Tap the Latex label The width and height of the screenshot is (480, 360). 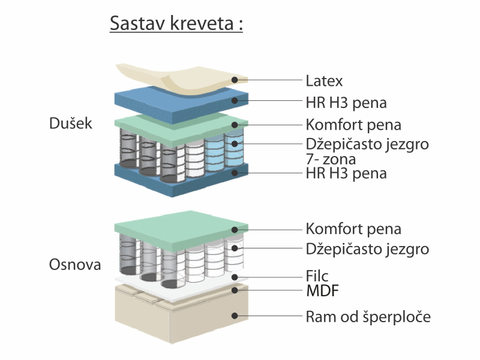click(324, 81)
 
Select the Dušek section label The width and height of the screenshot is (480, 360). click(71, 123)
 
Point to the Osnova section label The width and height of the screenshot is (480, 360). click(75, 265)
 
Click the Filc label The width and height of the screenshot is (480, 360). click(317, 276)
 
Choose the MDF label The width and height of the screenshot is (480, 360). click(322, 291)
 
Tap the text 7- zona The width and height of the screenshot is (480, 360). click(331, 159)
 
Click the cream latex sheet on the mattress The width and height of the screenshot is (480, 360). click(181, 79)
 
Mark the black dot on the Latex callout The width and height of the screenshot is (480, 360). click(235, 80)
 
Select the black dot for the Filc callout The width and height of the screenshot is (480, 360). click(235, 277)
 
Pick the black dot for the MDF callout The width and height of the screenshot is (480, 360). click(235, 290)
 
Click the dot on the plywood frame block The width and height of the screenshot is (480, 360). click(235, 316)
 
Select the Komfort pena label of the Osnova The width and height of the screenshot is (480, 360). click(353, 229)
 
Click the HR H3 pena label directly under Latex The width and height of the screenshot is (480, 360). click(346, 103)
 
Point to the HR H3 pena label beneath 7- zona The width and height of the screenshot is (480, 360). click(346, 173)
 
